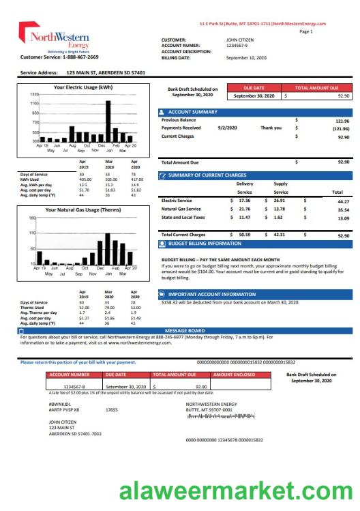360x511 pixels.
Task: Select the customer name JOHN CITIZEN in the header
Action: (x=240, y=40)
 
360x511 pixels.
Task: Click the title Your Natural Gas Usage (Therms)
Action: (x=82, y=209)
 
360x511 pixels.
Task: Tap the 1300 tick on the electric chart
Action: (x=34, y=93)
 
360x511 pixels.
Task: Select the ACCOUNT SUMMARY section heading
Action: (x=192, y=112)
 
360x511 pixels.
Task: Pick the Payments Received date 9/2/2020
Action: (x=227, y=128)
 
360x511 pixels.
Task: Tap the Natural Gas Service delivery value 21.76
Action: (x=244, y=209)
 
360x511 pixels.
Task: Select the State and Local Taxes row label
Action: (x=183, y=217)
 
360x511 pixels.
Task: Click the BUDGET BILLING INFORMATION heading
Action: (x=204, y=243)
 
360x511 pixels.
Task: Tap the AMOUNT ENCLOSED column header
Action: (x=235, y=375)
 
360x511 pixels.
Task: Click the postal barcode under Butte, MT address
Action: (x=221, y=415)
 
